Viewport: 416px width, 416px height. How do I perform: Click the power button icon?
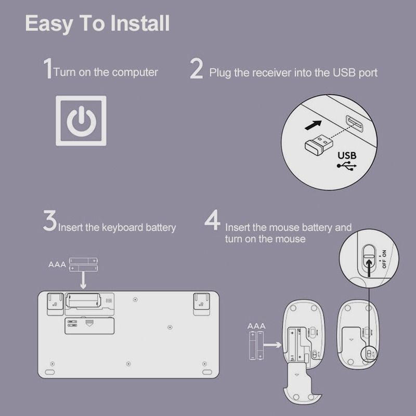coord(81,121)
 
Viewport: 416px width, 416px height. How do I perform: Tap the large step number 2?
coord(197,69)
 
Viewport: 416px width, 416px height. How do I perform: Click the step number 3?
coord(50,220)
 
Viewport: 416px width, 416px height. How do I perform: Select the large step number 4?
coord(213,220)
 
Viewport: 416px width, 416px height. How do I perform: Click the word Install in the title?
coord(140,23)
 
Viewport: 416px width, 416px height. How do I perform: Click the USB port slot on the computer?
coord(354,124)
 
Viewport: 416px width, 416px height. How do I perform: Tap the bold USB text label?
coord(347,155)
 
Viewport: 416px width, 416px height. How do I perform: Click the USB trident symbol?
coord(347,166)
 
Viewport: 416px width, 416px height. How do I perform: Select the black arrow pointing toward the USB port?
coord(313,125)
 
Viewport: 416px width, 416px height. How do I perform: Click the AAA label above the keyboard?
coord(57,265)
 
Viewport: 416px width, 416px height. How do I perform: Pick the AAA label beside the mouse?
coord(256,326)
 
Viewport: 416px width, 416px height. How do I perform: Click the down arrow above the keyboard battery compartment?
coord(83,280)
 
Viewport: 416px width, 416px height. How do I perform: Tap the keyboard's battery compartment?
coord(83,301)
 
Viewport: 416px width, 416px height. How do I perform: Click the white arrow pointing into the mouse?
coord(272,345)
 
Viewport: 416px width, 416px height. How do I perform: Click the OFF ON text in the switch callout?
coord(384,259)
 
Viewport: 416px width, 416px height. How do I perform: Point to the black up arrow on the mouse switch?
coord(369,268)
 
